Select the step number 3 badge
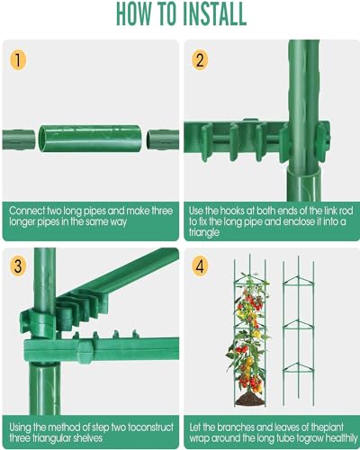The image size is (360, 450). (x=20, y=266)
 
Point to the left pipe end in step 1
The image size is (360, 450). (x=22, y=140)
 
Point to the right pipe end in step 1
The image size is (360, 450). (x=162, y=140)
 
